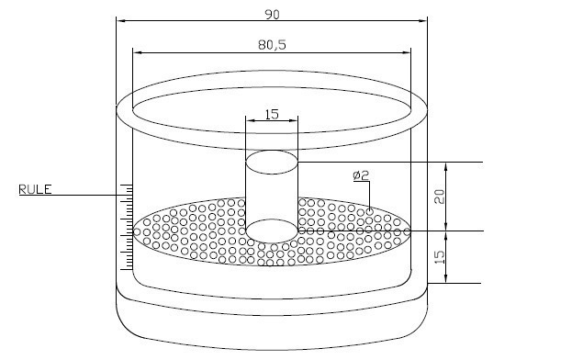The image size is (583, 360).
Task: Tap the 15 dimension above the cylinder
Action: pos(272,115)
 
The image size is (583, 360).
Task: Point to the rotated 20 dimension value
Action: pos(439,195)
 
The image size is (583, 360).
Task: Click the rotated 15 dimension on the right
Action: pos(439,257)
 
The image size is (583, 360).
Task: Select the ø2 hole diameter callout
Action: pos(360,174)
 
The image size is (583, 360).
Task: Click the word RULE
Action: pos(35,189)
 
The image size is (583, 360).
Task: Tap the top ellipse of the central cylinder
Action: pos(272,163)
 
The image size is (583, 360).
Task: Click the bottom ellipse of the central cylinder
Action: pos(272,230)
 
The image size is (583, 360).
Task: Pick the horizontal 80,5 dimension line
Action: pos(184,50)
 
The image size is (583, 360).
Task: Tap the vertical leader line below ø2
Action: pos(369,195)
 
